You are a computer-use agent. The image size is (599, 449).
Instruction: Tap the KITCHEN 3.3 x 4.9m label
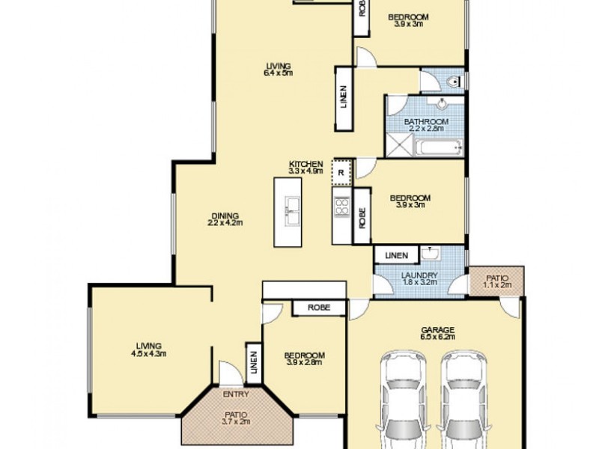tap(305, 167)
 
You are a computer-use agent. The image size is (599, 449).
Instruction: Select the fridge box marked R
tap(341, 171)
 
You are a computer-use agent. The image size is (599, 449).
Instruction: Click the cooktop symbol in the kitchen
tap(341, 207)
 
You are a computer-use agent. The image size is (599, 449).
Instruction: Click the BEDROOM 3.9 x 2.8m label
tap(305, 358)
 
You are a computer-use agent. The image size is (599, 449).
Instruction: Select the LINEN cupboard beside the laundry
tap(397, 256)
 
